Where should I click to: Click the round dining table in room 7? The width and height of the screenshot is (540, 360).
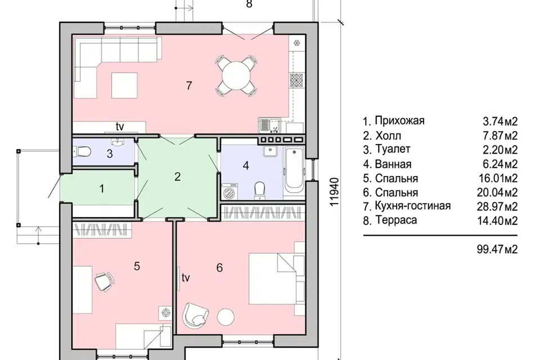pos(236,75)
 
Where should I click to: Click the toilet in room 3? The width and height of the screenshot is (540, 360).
pos(82,151)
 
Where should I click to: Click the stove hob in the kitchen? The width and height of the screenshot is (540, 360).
pos(296,80)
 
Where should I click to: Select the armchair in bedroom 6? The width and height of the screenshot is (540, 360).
pos(195,314)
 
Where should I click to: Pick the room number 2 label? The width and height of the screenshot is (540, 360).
pos(177,177)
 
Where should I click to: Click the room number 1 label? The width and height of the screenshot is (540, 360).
pos(102,189)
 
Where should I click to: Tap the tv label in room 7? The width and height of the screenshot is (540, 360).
pos(119,127)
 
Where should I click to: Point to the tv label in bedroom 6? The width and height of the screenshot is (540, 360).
pos(186,278)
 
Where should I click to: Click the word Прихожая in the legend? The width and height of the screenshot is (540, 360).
pos(399,121)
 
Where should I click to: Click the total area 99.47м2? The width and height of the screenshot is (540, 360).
pos(497,249)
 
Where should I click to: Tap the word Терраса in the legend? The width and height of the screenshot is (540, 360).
pos(396,220)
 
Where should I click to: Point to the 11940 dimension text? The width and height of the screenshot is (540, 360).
pos(334,192)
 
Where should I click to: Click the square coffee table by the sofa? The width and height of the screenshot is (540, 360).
pos(124,85)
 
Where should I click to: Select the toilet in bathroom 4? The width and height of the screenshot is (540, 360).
pos(259,190)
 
